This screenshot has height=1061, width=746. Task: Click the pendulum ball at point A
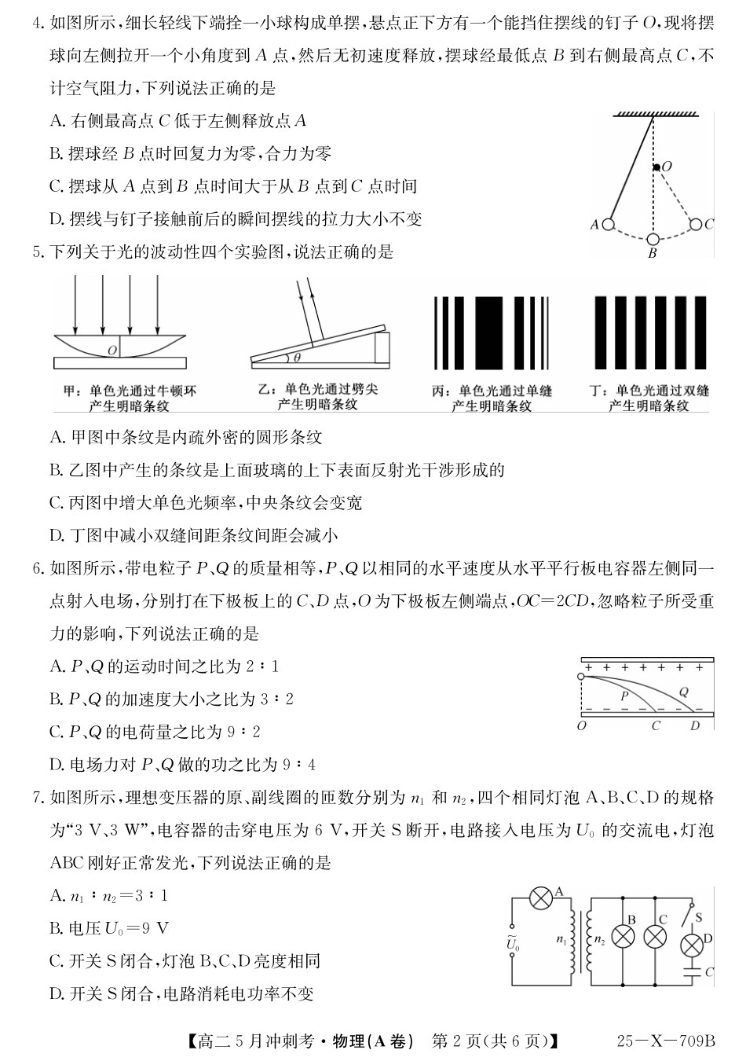coord(608,225)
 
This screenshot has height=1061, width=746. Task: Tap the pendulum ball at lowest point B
coord(653,239)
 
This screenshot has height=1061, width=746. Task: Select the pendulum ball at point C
coord(695,225)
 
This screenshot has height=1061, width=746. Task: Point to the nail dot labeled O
coord(656,167)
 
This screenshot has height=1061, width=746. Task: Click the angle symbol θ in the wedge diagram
coord(297,358)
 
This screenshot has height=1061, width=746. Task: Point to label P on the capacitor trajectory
coord(625,695)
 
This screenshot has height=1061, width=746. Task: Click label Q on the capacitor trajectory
coord(683,692)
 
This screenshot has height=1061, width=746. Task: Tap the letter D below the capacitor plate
coord(694,725)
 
